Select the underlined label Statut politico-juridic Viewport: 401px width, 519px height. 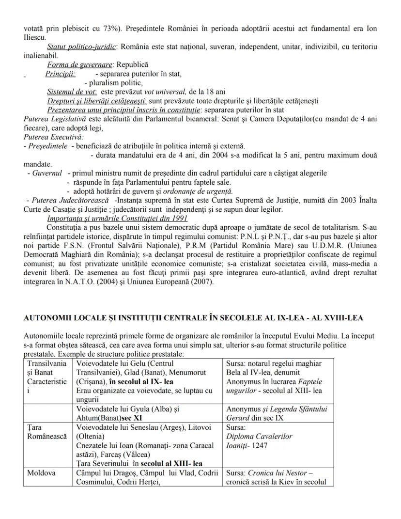pos(82,47)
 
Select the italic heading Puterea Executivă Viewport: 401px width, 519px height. pos(47,137)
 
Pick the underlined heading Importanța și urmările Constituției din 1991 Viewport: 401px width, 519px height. pos(117,218)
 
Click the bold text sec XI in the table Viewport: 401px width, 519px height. pos(127,418)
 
